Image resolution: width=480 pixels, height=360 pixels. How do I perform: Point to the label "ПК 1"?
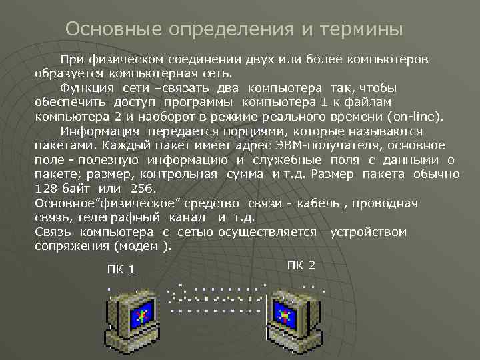pyautogui.click(x=121, y=269)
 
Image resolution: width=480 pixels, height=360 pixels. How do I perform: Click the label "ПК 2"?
pyautogui.click(x=301, y=265)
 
